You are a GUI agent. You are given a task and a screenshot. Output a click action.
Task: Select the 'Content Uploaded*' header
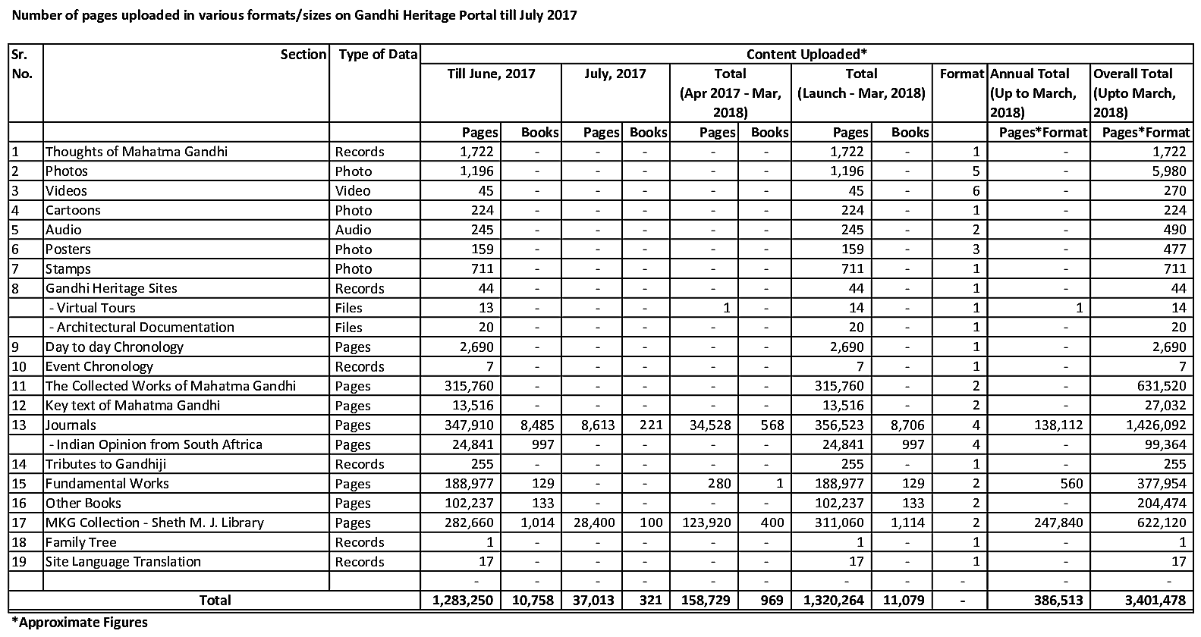pos(806,54)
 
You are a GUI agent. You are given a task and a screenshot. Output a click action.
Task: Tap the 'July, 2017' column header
pos(615,74)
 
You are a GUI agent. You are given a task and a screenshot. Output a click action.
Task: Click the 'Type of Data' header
pos(378,54)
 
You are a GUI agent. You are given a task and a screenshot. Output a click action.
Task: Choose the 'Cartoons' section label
pos(73,210)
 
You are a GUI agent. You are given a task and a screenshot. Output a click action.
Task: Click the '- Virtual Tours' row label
pos(91,308)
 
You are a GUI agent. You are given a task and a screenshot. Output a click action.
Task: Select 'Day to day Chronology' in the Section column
pos(114,347)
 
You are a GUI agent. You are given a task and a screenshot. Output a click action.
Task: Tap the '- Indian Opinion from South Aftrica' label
pos(154,444)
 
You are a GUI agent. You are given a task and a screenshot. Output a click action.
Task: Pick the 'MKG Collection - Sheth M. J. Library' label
pos(154,522)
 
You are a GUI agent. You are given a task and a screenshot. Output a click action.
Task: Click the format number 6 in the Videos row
pos(976,190)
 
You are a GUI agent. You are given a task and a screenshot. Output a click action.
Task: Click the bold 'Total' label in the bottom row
pos(215,601)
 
